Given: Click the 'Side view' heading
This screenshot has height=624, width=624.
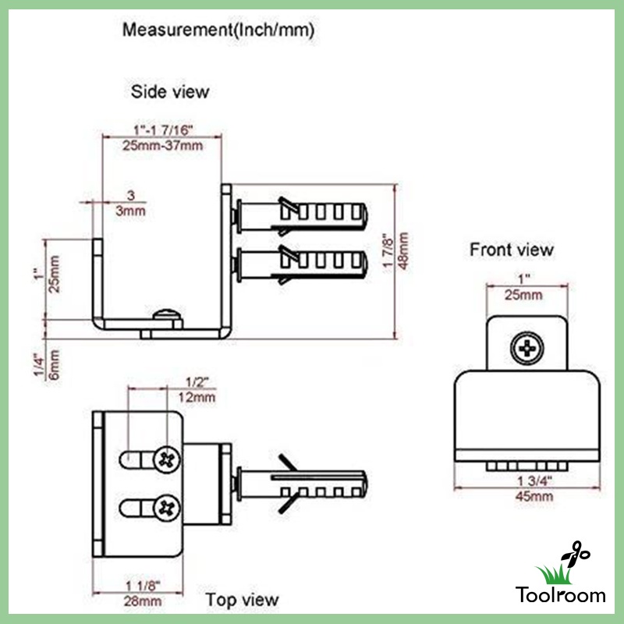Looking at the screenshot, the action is [170, 92].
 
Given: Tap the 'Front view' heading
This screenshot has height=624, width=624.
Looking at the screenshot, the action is [512, 250].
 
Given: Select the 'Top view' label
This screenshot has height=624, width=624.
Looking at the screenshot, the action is [242, 600].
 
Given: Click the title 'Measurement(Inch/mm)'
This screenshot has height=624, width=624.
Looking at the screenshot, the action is [218, 30].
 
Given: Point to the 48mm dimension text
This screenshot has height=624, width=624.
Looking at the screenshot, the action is [403, 250].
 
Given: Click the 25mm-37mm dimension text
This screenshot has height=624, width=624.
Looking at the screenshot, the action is [163, 146].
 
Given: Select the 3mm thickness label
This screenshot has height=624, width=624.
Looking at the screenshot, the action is [130, 211].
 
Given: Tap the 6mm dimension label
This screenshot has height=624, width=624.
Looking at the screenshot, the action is [54, 365].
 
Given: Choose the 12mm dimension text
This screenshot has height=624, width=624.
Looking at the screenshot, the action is [197, 397].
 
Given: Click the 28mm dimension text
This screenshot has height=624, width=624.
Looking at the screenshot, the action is [143, 601].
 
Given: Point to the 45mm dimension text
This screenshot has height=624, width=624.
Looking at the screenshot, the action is [534, 496].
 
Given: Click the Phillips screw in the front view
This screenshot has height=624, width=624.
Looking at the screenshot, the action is [527, 349].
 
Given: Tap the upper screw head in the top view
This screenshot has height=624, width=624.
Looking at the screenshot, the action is [167, 459].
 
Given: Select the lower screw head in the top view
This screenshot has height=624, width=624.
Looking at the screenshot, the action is [167, 509].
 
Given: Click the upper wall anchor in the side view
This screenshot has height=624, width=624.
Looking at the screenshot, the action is [300, 216].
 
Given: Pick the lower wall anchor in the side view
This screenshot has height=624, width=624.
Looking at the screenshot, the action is [300, 264].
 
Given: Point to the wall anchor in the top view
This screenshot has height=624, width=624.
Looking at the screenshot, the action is [300, 484].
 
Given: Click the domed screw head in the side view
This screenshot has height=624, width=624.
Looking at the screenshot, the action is [167, 314].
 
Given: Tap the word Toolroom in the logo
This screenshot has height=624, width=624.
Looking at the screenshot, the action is [560, 594].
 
